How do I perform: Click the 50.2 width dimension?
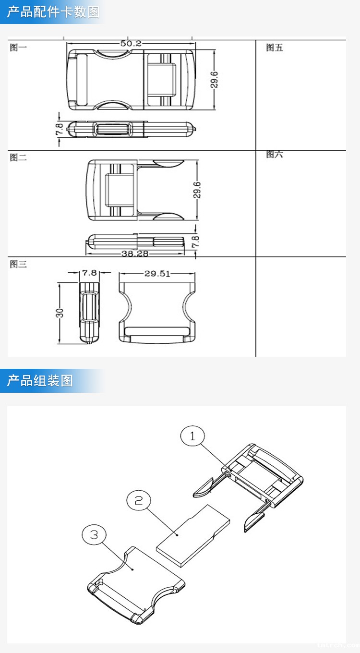(x=131, y=44)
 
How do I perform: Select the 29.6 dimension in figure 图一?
(x=214, y=80)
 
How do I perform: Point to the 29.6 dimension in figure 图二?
(x=197, y=190)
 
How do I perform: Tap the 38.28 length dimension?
(x=134, y=253)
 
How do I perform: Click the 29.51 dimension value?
(x=157, y=274)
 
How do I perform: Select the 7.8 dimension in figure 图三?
(x=89, y=273)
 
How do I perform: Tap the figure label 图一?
(x=19, y=48)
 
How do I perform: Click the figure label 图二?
(x=19, y=157)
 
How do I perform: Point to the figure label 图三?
(x=19, y=264)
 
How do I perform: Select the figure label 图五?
(x=275, y=48)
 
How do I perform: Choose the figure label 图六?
(x=275, y=155)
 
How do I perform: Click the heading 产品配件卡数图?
(x=53, y=12)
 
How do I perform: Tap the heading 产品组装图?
(x=40, y=381)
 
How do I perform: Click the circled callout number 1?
(x=192, y=436)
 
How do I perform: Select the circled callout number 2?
(x=139, y=501)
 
